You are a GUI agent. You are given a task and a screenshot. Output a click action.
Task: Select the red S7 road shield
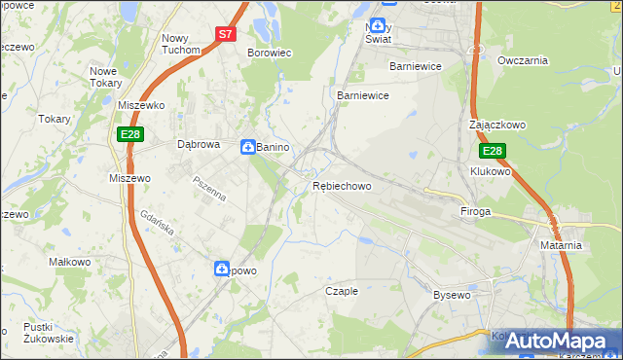point(226,33)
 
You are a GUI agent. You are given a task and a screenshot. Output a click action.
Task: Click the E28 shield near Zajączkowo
point(493,151)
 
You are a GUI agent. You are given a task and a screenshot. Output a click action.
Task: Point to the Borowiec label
point(270,53)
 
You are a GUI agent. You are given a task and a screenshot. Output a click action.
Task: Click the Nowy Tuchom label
point(180,44)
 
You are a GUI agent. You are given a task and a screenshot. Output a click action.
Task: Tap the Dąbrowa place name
point(200,144)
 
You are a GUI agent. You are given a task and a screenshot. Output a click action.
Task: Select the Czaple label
point(342,291)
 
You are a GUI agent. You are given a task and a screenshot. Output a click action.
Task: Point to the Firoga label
point(475,211)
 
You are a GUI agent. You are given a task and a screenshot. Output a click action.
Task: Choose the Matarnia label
point(561,245)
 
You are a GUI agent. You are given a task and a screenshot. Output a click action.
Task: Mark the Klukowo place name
point(491,171)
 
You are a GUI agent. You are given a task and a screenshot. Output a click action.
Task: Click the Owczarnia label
point(523,60)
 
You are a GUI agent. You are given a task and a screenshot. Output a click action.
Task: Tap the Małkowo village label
point(70,262)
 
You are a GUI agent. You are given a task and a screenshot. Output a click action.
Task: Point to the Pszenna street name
point(209,188)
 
